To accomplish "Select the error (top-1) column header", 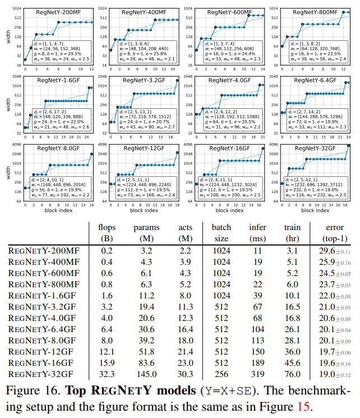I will coord(335,232).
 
